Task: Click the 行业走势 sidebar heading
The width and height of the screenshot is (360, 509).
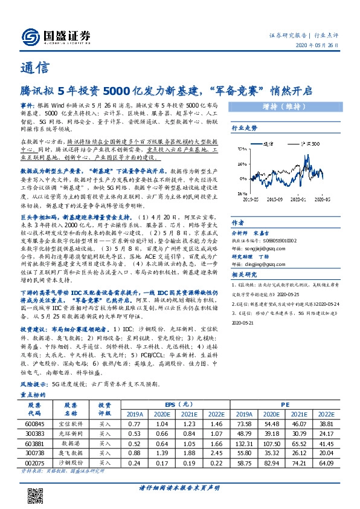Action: (245, 128)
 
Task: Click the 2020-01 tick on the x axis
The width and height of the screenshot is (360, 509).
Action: (300, 198)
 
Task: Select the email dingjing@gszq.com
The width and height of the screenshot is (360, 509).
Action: (260, 264)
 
